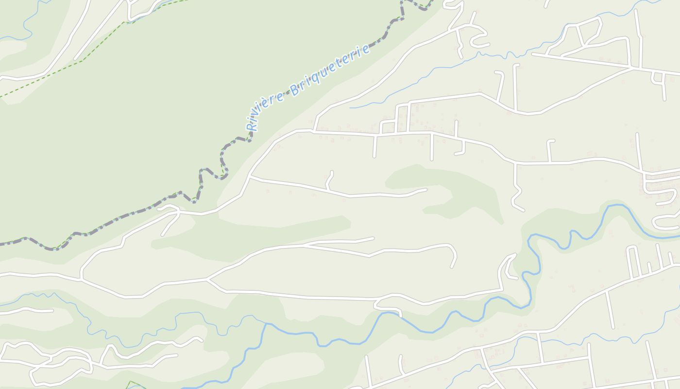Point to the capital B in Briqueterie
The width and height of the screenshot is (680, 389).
tap(294, 89)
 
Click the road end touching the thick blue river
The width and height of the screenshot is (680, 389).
tap(401, 314)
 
